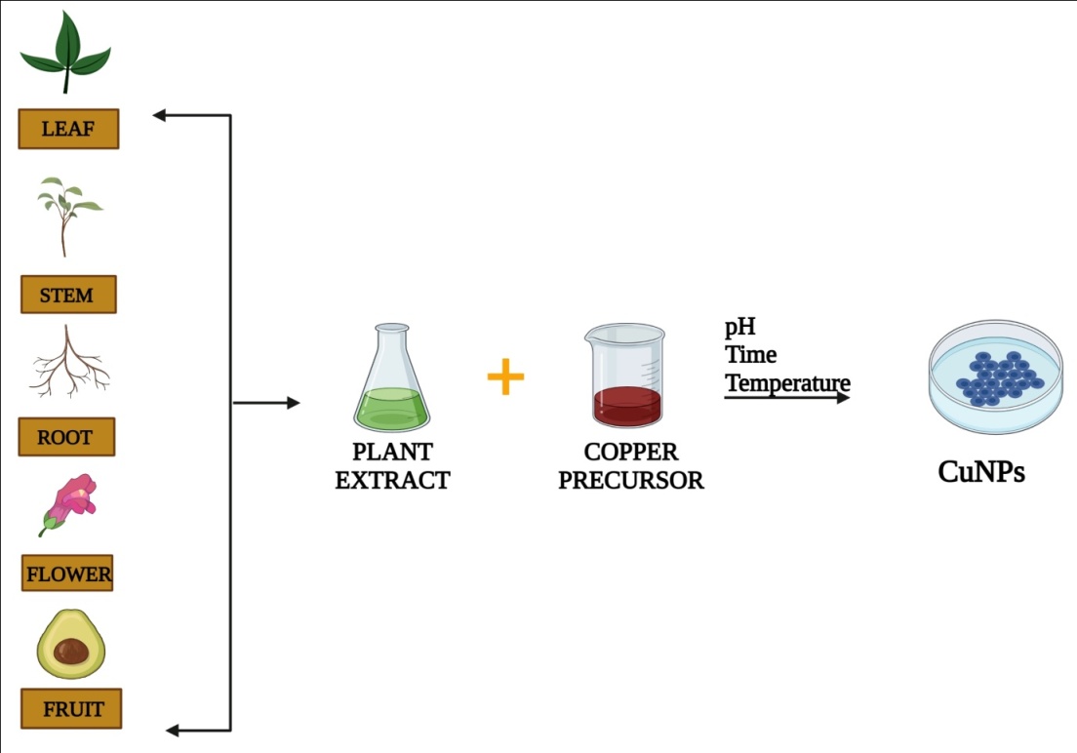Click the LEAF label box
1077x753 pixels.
coord(68,129)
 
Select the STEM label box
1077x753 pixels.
coord(68,295)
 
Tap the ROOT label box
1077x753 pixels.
coord(66,437)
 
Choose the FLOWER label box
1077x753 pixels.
coord(68,574)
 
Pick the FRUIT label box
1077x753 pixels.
coord(71,709)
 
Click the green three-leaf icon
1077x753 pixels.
coord(65,53)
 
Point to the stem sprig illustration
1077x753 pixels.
coord(67,215)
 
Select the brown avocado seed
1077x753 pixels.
coord(71,652)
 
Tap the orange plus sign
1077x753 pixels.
coord(505,377)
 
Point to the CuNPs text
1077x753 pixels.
coord(981,472)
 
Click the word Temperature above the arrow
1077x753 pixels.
coord(787,383)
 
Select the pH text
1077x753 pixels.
coord(740,327)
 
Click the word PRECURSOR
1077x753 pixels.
coord(631,481)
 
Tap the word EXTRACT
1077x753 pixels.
coord(392,480)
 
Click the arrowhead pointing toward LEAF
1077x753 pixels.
coord(160,116)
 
